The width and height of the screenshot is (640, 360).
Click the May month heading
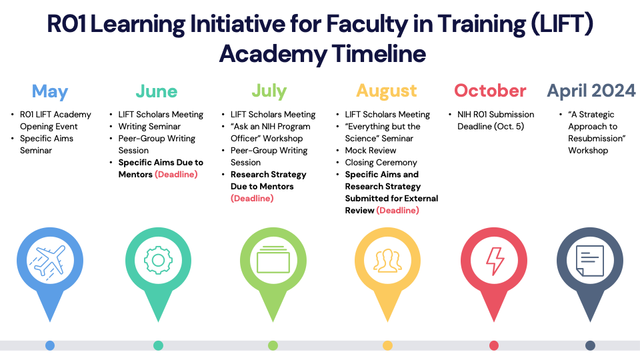coord(50,92)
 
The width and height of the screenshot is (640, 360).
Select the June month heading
coord(156,91)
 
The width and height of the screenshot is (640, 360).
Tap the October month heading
coord(490,91)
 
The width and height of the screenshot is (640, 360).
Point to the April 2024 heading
coord(591,91)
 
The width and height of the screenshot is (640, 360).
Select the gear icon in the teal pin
coord(158,260)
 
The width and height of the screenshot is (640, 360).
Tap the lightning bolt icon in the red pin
coord(494,261)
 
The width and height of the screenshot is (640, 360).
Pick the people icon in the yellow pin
coord(387,261)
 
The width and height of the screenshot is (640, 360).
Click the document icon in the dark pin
coord(590,261)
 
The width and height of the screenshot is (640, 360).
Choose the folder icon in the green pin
coord(273,259)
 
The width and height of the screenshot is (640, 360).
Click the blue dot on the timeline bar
coord(50,346)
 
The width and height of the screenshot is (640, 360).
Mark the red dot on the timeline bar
coord(494,346)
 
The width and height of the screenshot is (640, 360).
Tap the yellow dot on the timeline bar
coord(387,346)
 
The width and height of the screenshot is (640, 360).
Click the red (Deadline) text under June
coord(176,174)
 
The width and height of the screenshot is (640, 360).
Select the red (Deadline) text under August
coord(397,210)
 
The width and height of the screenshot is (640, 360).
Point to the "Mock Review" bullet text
coord(371,150)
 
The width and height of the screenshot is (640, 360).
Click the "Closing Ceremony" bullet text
coord(381,163)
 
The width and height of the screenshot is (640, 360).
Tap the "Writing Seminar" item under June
coord(149,127)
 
